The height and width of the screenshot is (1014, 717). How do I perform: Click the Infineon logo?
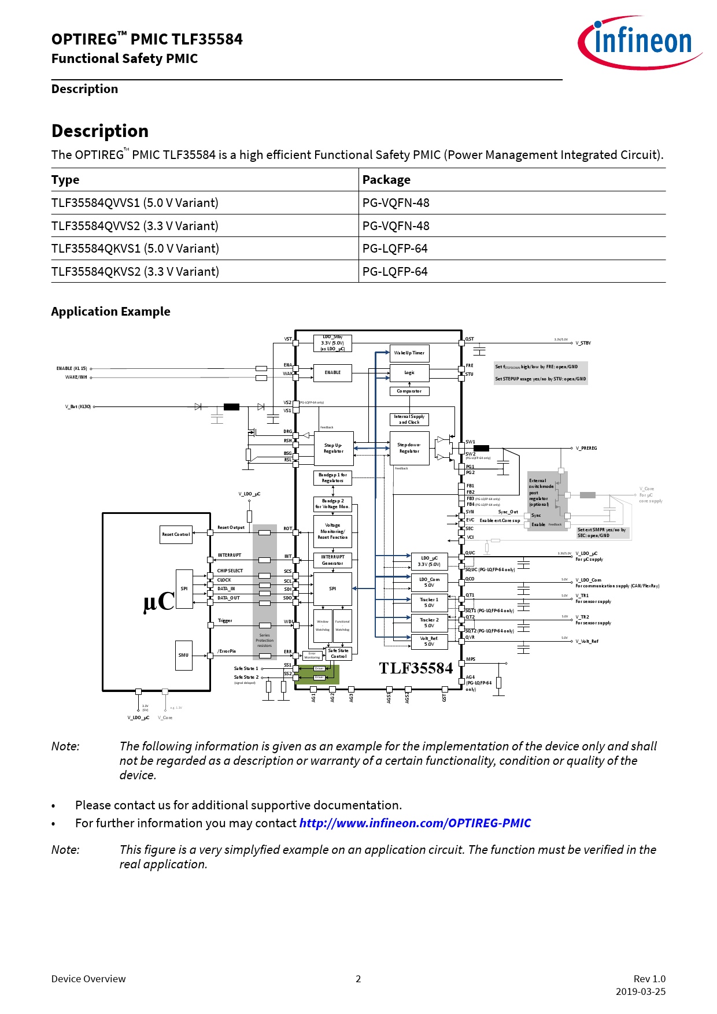[639, 42]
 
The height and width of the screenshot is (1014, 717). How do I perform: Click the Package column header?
[386, 180]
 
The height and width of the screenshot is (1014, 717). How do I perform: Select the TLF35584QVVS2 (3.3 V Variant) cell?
[135, 226]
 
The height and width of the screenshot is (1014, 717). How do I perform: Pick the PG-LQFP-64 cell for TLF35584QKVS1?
[395, 249]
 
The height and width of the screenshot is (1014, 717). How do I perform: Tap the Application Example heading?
[110, 312]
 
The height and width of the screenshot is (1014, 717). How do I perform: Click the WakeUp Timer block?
[409, 353]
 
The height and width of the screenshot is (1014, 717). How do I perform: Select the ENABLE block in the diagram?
[332, 373]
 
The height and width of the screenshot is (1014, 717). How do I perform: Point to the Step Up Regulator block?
[333, 448]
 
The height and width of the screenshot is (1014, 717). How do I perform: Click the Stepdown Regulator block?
[409, 448]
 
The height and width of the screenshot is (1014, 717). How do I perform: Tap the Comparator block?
[409, 391]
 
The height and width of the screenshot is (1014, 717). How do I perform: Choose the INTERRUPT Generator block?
[332, 560]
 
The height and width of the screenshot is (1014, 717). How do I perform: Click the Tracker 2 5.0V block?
[429, 623]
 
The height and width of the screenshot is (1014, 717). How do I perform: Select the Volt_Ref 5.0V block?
[429, 641]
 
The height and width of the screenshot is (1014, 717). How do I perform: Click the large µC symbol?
[158, 602]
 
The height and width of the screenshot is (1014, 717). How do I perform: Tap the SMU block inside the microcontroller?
[183, 655]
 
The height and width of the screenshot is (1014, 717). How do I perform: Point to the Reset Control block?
[176, 534]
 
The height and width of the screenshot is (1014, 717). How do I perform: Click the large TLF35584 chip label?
[416, 668]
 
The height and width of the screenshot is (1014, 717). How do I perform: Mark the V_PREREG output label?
[586, 448]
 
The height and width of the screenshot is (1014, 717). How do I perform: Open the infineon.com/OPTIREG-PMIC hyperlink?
[415, 823]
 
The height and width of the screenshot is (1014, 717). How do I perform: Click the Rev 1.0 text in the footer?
[649, 979]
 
